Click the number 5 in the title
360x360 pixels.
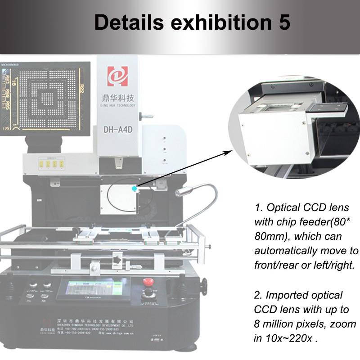283,22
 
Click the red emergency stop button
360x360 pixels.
148,283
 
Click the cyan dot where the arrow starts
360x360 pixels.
134,189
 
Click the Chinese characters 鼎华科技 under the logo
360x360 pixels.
117,97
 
